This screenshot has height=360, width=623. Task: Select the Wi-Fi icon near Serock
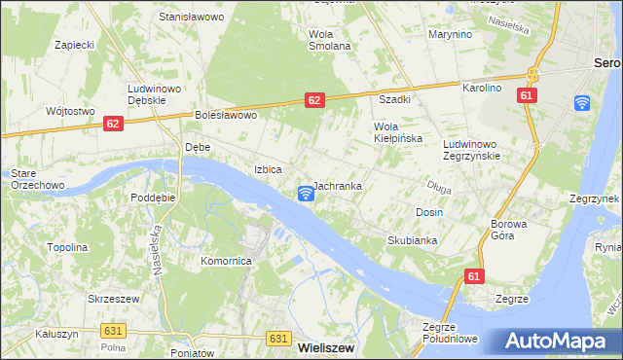[x=582, y=103]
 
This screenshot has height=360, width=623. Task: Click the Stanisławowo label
[x=192, y=18]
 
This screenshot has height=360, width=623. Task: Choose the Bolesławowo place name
[x=225, y=115]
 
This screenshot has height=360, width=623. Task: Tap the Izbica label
[x=269, y=169]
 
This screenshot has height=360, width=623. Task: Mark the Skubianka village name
[x=412, y=239]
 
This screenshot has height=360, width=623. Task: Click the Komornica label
[x=227, y=261]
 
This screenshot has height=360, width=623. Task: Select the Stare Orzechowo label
[x=36, y=178]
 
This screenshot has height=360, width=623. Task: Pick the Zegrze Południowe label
[x=449, y=333]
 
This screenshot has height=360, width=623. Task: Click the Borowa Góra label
[x=509, y=230]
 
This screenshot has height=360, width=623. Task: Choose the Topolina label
[x=67, y=247]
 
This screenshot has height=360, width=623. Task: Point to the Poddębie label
[x=153, y=196]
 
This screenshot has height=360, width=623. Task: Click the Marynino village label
[x=450, y=34]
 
